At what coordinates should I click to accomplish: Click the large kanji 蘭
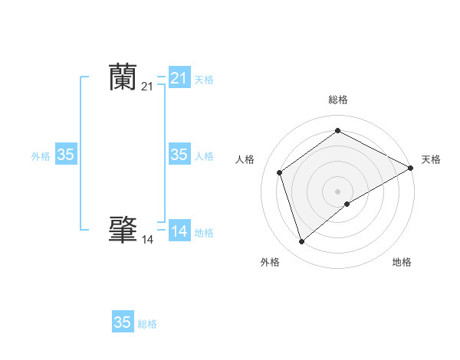tap(123, 77)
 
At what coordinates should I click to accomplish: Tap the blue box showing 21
tap(179, 78)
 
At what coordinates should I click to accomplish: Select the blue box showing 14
tap(179, 231)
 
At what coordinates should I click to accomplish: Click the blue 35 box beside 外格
tap(66, 155)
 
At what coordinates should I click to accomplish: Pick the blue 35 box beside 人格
tap(179, 155)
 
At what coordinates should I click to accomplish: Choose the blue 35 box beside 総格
tap(123, 322)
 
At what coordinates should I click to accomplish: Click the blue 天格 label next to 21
tap(204, 79)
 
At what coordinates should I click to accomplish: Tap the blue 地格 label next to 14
tap(204, 233)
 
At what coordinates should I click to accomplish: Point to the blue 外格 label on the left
tap(41, 156)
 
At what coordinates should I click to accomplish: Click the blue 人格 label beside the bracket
tap(204, 156)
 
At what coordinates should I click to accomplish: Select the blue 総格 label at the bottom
tap(147, 324)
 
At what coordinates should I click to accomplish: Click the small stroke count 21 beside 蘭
tap(147, 87)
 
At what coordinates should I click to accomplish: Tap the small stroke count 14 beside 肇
tap(147, 240)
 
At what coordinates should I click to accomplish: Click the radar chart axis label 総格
tap(338, 100)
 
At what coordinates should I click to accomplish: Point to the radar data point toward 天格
tap(411, 168)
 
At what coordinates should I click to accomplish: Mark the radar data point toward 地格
tap(347, 204)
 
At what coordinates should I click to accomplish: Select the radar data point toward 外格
tap(301, 242)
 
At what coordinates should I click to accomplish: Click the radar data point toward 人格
tap(280, 172)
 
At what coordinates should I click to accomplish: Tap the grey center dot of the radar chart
tap(338, 191)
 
